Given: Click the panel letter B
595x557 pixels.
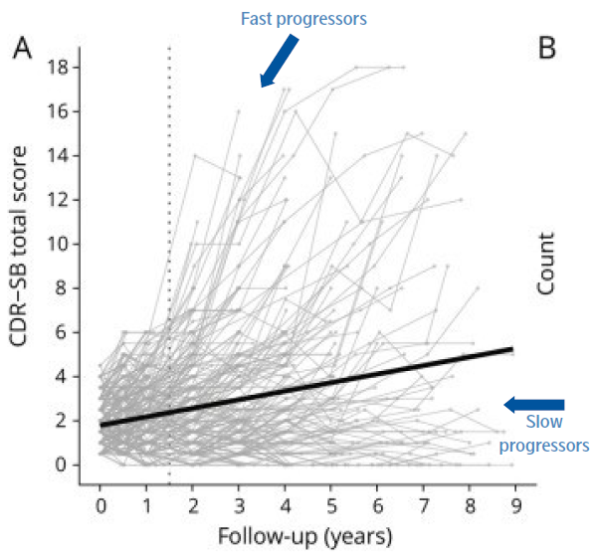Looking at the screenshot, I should click(548, 47).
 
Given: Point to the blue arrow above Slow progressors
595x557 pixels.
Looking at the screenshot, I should click(533, 404).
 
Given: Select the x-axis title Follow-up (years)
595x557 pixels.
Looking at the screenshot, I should click(305, 535).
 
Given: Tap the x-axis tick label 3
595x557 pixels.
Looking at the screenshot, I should click(238, 504).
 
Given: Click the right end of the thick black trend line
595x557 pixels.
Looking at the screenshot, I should click(511, 349).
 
